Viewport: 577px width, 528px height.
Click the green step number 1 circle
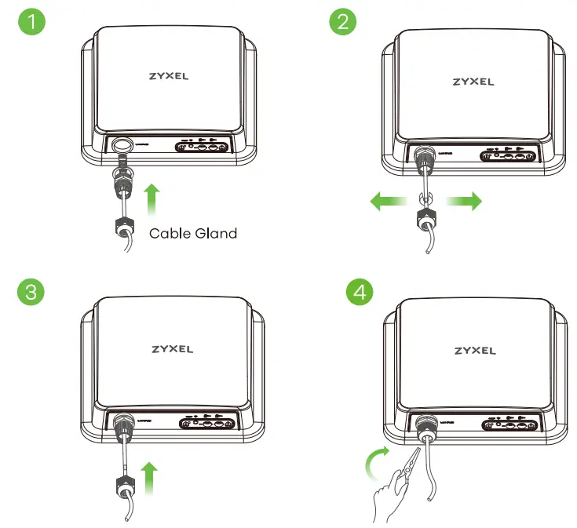[31, 21]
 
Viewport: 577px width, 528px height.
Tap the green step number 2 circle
[341, 21]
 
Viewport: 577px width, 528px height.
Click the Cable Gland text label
[192, 232]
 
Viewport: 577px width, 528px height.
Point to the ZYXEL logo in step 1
[168, 78]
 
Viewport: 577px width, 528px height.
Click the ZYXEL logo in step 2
[473, 81]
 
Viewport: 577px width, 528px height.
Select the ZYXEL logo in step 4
[475, 350]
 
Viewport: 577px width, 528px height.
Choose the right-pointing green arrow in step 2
[462, 202]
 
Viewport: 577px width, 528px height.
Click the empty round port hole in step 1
[122, 144]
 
